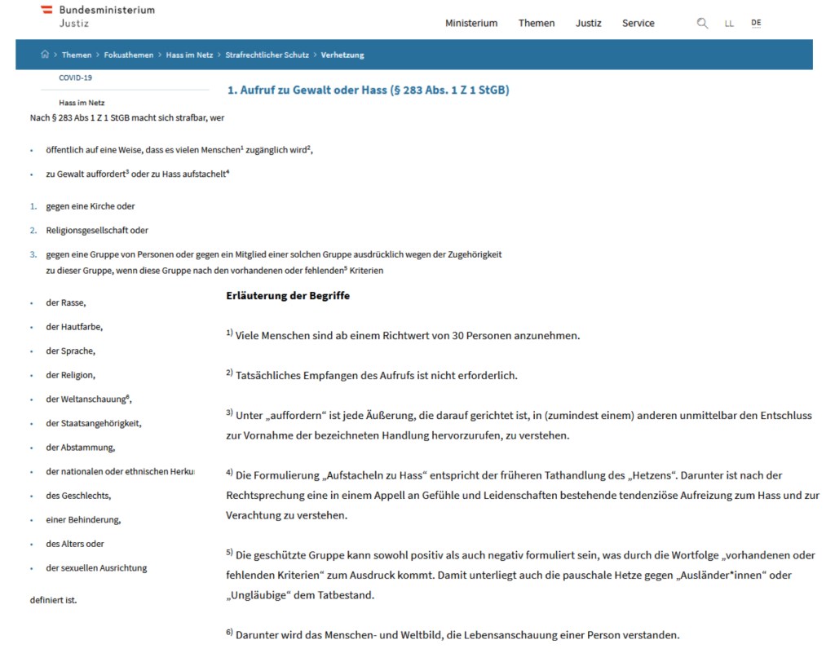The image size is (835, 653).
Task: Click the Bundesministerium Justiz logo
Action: [97, 15]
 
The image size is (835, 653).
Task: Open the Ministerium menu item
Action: [471, 23]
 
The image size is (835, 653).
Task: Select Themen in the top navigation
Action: [536, 23]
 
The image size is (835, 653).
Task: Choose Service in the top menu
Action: [638, 23]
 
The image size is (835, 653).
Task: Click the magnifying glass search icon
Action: [702, 23]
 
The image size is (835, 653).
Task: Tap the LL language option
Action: [729, 24]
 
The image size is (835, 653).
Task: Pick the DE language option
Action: [756, 23]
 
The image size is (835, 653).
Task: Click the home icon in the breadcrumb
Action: [45, 55]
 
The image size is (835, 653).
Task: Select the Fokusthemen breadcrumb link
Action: [128, 55]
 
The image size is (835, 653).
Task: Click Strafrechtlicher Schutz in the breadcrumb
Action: [267, 55]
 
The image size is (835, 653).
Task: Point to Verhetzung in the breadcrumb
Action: [342, 55]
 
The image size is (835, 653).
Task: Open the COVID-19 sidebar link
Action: [75, 77]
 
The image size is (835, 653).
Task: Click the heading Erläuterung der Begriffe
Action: [288, 295]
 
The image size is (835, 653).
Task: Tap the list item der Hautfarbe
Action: [74, 327]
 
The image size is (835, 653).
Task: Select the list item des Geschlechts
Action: [78, 496]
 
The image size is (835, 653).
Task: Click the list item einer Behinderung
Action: [83, 520]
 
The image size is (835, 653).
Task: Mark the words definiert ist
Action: [53, 600]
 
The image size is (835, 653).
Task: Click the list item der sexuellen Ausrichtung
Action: [96, 568]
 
